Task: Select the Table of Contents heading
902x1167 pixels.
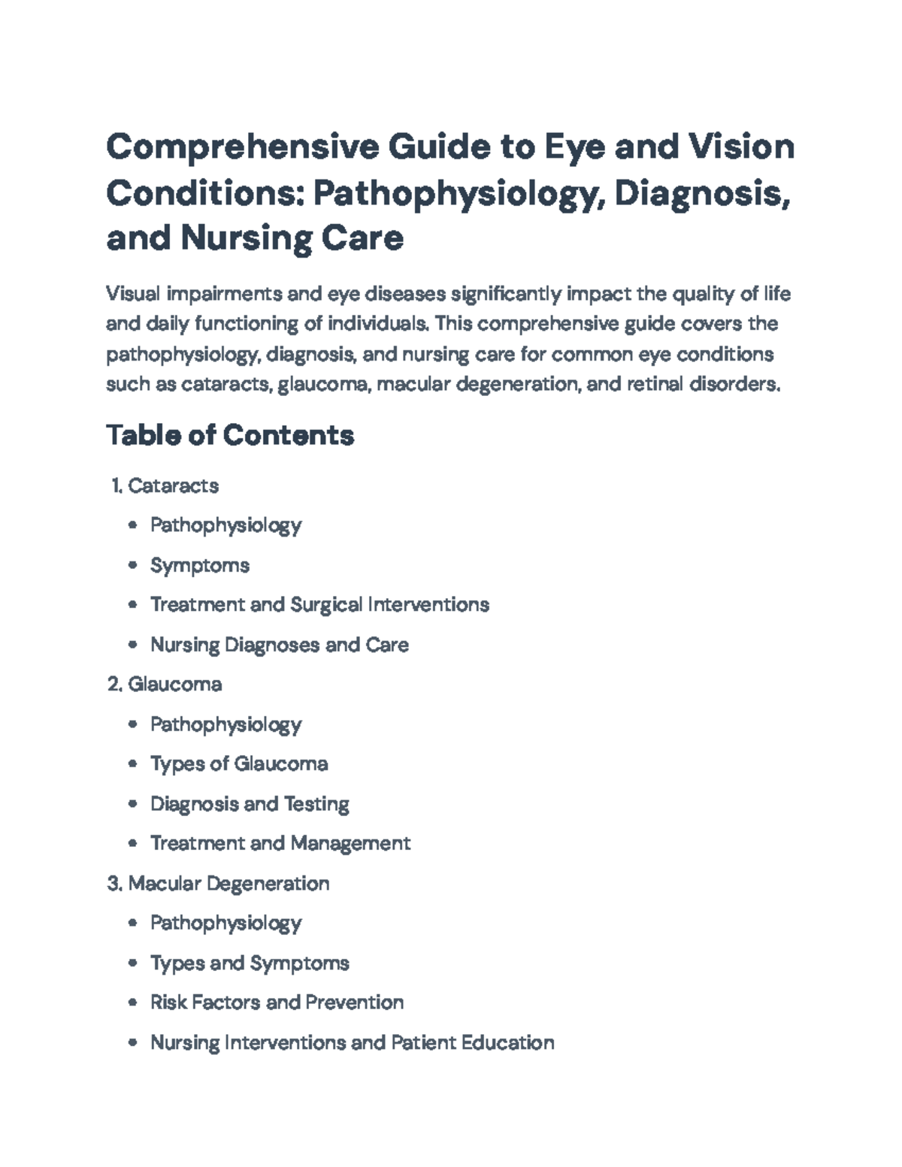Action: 230,435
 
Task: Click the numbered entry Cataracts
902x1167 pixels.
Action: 173,485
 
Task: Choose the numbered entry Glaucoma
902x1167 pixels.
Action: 174,684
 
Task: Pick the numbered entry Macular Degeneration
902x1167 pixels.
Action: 229,883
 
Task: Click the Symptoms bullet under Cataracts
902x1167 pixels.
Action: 199,565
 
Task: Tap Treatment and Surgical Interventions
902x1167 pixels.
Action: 319,604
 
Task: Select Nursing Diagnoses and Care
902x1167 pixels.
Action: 279,645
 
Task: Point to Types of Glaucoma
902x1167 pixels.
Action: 239,763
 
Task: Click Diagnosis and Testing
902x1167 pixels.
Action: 250,804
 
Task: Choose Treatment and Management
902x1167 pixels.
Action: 280,843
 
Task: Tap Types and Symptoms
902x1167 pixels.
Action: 250,963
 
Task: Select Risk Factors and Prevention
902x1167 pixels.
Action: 277,1002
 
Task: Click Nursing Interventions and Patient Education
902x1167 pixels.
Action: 352,1042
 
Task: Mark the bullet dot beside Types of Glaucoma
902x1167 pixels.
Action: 133,764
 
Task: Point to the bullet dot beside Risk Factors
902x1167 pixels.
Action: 133,1002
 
